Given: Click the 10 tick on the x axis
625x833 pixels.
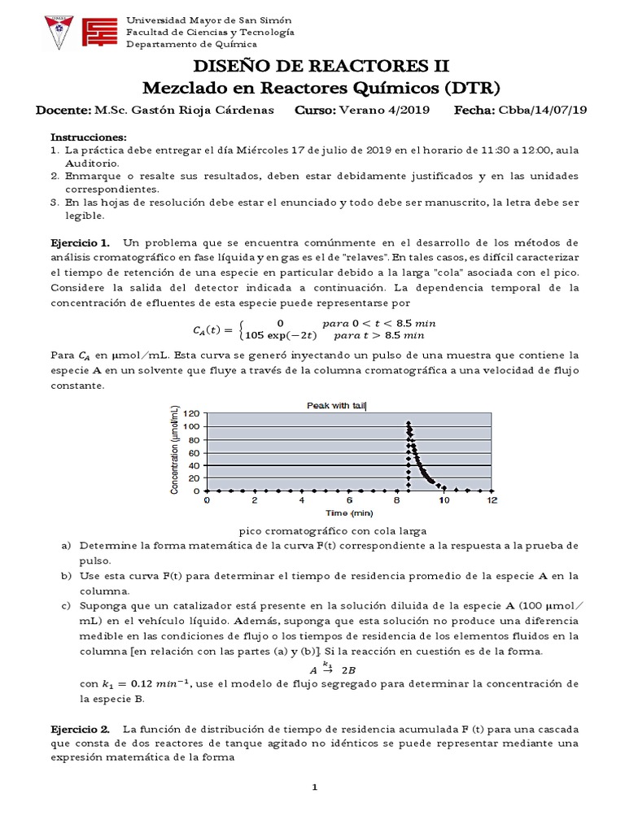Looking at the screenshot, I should (444, 500).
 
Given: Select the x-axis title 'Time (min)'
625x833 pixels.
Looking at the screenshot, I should (349, 513).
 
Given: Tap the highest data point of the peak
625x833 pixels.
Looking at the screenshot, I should (408, 423).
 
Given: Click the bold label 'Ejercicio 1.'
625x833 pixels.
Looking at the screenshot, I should (81, 243).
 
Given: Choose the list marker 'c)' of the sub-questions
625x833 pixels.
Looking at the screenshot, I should (66, 605).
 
